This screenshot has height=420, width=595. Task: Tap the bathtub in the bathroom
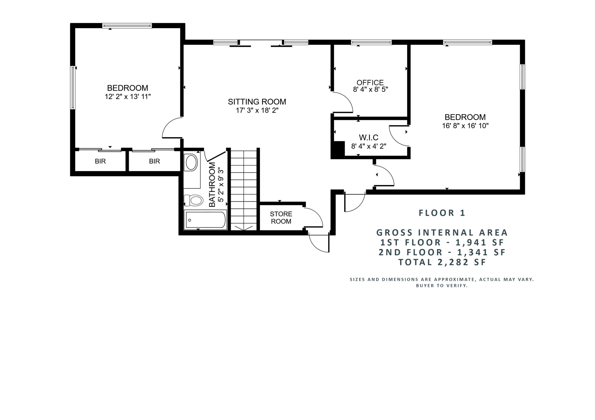point(205,220)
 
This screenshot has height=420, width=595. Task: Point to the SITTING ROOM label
point(257,101)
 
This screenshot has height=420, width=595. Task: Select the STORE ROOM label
point(281,217)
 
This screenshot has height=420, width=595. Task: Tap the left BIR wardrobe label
point(100,161)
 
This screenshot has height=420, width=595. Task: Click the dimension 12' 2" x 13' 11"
point(128,97)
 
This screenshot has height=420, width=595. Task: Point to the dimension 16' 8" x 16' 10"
point(465,126)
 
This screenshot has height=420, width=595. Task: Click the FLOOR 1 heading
point(442,213)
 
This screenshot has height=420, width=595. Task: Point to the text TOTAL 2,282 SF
point(442,262)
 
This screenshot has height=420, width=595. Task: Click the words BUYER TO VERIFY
point(442,286)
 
